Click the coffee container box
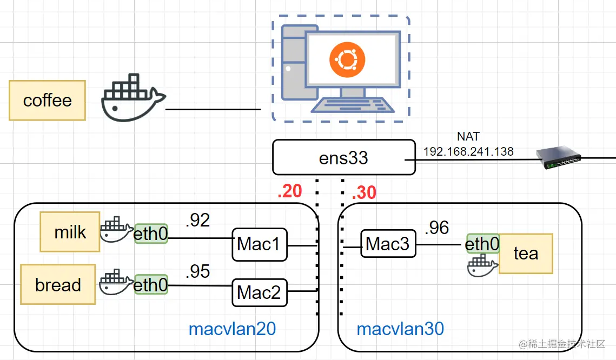[47, 100]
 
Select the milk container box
[70, 232]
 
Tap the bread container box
[58, 284]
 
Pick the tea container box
[525, 253]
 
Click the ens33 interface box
[343, 158]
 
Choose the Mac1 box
[259, 244]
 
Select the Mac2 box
[259, 292]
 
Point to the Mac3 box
[388, 244]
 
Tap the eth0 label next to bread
[151, 284]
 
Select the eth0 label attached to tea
[482, 244]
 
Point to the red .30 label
[363, 192]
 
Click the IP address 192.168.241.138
[468, 151]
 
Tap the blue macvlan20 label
[232, 329]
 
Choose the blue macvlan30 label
[400, 329]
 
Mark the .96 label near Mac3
[437, 228]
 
